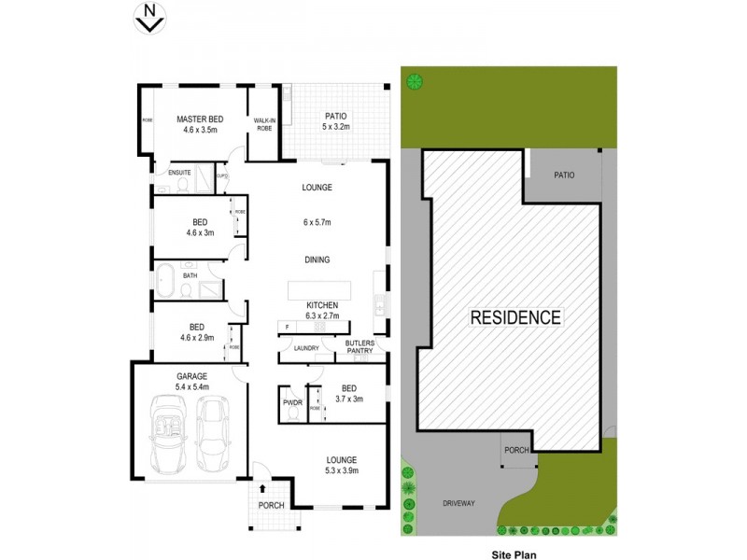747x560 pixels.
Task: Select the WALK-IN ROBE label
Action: coord(263,124)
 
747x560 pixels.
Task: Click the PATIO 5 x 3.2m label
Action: coord(335,120)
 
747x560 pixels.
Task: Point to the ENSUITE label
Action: coord(180,173)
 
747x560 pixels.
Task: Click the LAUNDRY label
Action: coord(306,348)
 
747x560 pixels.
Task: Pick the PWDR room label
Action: coord(289,402)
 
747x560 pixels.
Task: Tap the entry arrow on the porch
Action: coord(262,487)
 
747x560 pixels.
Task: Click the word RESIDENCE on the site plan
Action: coord(514,316)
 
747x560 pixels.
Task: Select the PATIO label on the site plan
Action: coord(563,175)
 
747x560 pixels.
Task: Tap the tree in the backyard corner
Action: coord(412,81)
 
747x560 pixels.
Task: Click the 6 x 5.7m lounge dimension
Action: coord(317,222)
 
